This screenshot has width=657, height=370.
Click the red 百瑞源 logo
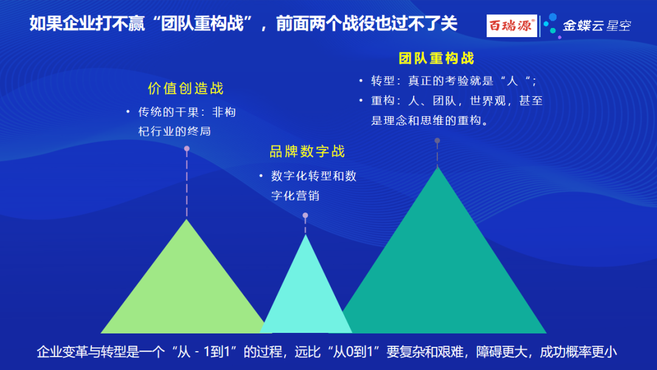coord(512,26)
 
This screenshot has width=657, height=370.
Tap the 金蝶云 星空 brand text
coord(597,26)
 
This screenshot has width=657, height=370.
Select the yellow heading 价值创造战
coord(186,88)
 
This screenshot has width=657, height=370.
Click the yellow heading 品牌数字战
coord(307,152)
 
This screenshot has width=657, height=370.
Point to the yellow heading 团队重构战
coord(436,58)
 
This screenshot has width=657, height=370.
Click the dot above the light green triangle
coord(187,148)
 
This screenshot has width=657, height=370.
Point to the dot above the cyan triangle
coord(305,215)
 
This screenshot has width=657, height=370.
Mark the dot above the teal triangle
coord(437,141)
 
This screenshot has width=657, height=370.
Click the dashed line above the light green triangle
coord(187,184)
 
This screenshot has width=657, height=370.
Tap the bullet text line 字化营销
coord(296,196)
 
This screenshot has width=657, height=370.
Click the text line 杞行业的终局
coord(175,131)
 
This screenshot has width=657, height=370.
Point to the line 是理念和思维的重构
coord(429,120)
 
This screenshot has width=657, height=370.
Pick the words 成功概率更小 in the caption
coord(579,352)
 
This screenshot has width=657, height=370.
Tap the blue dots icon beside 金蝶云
coord(552,25)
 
